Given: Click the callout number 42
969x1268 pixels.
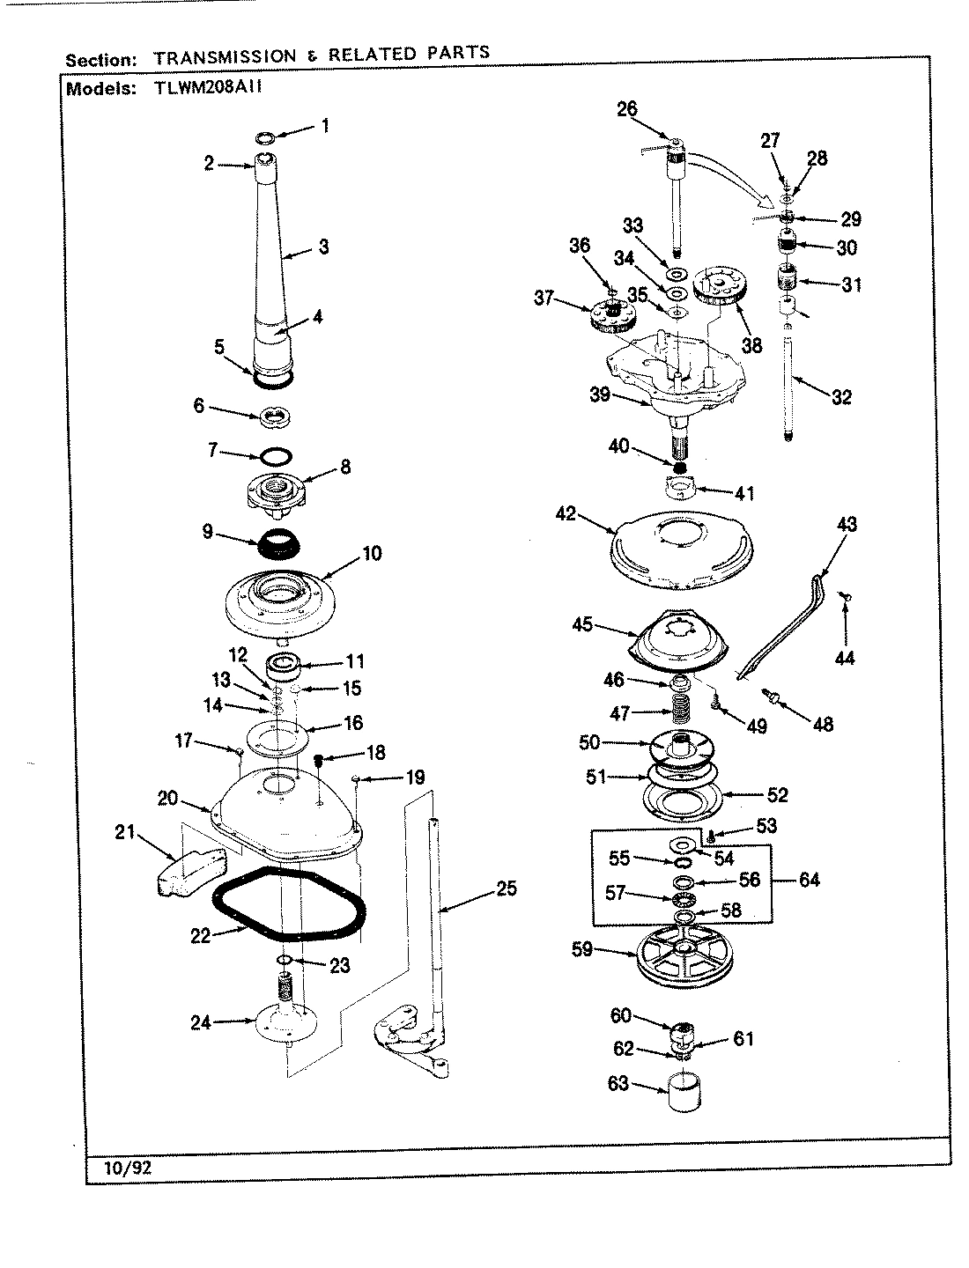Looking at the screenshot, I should click(x=566, y=514).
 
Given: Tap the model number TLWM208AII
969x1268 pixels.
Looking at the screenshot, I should click(x=209, y=88).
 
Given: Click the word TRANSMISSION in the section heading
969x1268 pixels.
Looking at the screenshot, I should click(x=226, y=57).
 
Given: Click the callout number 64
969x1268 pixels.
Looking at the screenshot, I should click(x=808, y=880).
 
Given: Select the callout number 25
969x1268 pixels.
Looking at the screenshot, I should click(x=506, y=888).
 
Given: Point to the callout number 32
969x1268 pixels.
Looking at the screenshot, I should click(x=841, y=397).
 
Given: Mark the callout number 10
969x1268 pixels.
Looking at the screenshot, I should click(x=372, y=554).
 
